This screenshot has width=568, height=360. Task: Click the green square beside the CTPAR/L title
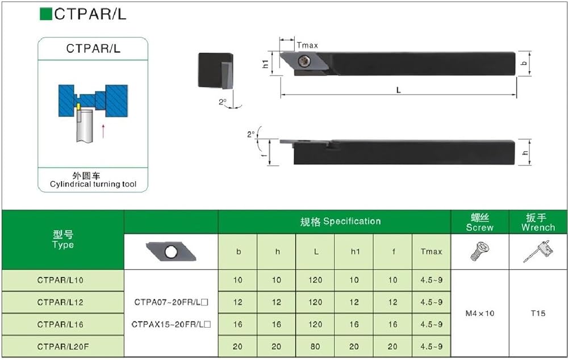[x=46, y=14]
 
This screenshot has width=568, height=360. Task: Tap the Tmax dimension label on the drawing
[x=307, y=45]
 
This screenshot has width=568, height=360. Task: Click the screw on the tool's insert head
[x=304, y=61]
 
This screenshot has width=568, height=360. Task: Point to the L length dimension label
[x=399, y=90]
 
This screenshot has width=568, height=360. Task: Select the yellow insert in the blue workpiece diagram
[x=78, y=107]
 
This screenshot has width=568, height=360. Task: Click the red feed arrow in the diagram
[x=103, y=131]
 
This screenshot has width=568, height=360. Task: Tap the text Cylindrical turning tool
[x=93, y=184]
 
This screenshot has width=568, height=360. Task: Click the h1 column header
[x=355, y=252]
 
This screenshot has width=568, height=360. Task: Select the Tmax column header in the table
[x=431, y=252]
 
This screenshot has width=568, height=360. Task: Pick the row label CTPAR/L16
[x=60, y=324]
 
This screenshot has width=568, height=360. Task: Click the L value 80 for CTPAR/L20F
[x=315, y=346]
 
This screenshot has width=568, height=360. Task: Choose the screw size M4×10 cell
[x=479, y=313]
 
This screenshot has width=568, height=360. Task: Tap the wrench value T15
[x=538, y=313]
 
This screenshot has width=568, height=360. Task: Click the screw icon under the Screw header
[x=479, y=252]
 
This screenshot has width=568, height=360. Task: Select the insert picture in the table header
[x=171, y=252]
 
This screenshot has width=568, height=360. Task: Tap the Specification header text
[x=352, y=221]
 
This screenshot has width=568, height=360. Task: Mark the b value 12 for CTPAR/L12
[x=237, y=302]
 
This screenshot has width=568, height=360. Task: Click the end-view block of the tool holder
[x=215, y=70]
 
